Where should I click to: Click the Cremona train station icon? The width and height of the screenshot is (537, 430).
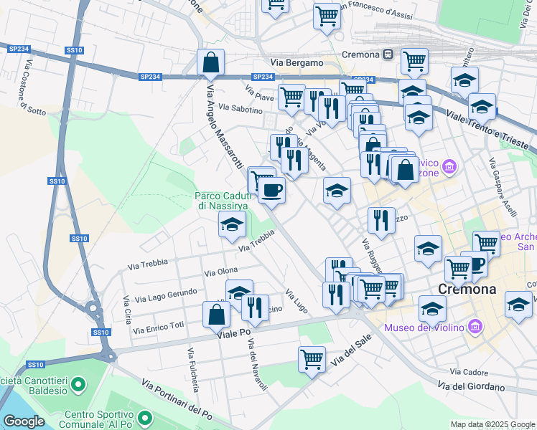388,54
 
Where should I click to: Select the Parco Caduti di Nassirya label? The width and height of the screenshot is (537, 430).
222,201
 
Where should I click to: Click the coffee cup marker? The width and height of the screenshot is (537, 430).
271,191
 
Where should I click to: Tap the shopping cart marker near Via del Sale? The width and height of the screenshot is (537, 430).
312,359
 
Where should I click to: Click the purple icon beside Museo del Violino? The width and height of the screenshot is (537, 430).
474,328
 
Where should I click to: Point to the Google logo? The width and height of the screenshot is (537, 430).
24,421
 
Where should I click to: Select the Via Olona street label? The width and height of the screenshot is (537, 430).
221,272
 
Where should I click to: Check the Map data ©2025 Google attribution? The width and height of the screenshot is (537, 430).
492,424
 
